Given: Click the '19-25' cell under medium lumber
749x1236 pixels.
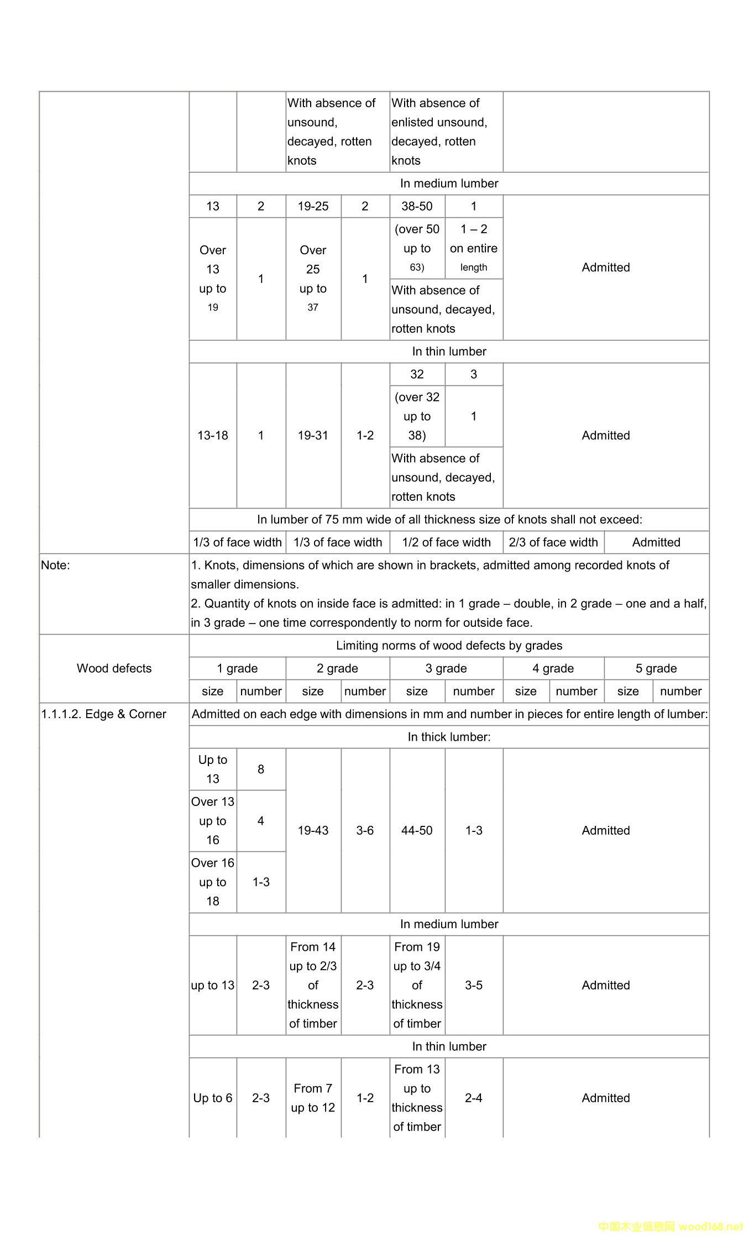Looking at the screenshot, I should [313, 206].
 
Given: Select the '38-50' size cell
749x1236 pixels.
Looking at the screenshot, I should [417, 206].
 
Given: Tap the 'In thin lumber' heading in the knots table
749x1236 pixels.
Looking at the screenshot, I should [449, 352].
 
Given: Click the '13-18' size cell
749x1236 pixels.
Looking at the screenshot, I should [213, 436].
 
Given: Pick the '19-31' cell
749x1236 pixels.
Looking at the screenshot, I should [313, 436].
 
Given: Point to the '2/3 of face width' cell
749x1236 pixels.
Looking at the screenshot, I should [553, 542].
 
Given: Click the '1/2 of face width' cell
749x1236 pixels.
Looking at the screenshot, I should [446, 542].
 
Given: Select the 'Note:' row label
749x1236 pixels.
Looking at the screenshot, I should [56, 565].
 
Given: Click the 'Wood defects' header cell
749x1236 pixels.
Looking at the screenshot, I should [114, 668].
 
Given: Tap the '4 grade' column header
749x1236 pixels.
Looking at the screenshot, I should [553, 668].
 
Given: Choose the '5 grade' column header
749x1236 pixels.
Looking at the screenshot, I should [656, 668].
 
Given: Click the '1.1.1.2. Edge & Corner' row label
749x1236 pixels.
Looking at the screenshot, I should [103, 714].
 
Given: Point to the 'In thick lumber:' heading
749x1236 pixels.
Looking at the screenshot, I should [449, 737].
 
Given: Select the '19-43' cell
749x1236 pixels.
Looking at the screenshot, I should [313, 830].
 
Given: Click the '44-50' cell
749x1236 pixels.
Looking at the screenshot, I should [417, 830].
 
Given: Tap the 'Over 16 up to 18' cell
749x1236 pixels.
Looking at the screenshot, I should [213, 882].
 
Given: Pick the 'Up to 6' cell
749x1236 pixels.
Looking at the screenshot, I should [213, 1098].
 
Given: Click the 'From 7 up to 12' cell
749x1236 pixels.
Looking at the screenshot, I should [313, 1098].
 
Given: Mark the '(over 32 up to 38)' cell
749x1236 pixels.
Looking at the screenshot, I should [417, 416].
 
